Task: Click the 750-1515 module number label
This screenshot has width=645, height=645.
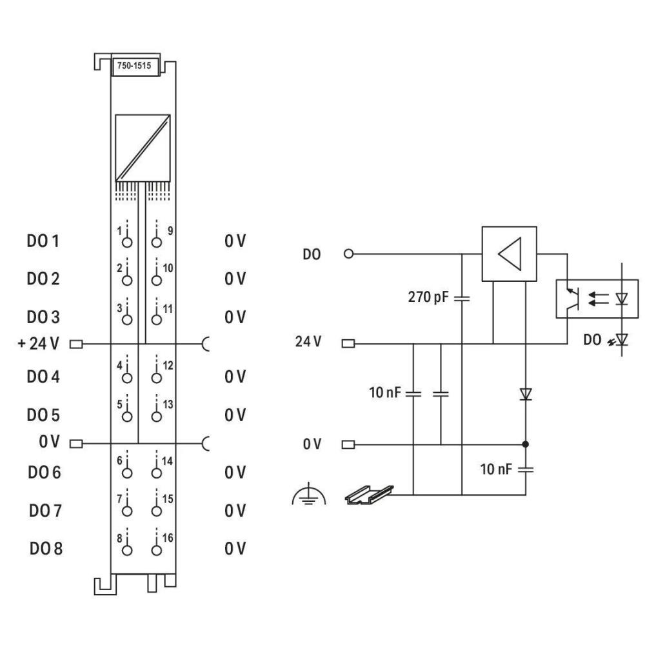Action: (x=135, y=66)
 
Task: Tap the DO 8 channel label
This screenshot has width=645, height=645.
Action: (x=46, y=549)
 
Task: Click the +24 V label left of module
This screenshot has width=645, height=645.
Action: (x=37, y=343)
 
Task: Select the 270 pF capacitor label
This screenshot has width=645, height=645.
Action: (x=428, y=298)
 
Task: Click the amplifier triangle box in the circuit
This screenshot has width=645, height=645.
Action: (x=509, y=253)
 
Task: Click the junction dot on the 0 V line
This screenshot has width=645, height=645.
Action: (x=526, y=444)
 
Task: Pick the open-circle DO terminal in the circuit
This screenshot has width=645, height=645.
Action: (x=349, y=253)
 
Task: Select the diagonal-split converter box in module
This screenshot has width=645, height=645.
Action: (x=143, y=148)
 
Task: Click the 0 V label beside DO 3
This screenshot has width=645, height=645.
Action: (x=235, y=318)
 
